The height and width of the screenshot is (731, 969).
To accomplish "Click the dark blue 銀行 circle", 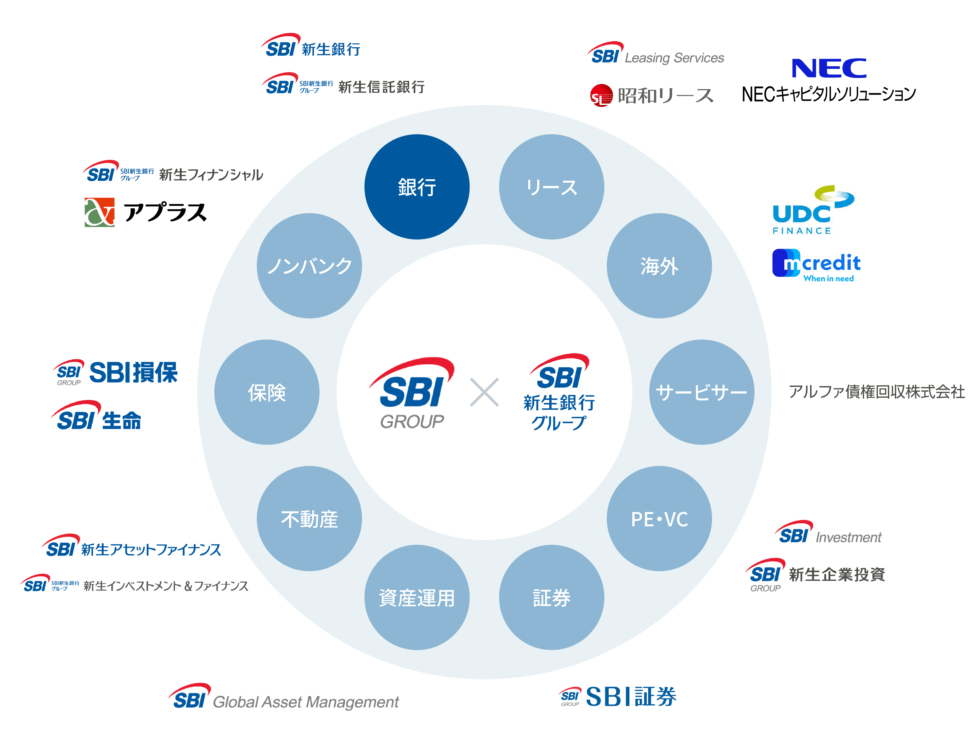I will (417, 187).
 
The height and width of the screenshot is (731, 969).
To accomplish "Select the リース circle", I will (551, 187).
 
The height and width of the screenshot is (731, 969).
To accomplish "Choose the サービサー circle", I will (701, 392).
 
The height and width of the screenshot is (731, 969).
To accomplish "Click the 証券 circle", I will (551, 597).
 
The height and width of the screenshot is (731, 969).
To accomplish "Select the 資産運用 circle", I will (417, 597).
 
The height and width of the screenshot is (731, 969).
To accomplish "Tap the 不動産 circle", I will (309, 519).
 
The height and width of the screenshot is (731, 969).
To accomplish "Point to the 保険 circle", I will (267, 392).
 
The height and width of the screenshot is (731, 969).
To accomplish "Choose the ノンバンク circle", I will (309, 266).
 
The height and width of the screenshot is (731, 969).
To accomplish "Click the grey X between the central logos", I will (484, 392).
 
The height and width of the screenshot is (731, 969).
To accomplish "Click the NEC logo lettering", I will (829, 68).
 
